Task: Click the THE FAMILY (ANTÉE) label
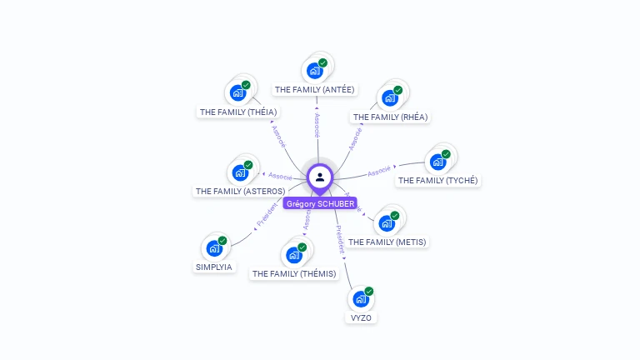coord(315,89)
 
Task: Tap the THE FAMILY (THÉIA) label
coord(238,112)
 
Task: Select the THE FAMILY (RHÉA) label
coord(390,117)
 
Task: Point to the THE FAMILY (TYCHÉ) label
coord(438,181)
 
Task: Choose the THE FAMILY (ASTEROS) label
coord(240,192)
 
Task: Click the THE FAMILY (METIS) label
coord(387,242)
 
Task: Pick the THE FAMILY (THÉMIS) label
coord(294,273)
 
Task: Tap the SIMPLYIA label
coord(214,267)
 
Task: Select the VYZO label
coord(361,318)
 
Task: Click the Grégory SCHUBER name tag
coord(320,203)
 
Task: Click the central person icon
coord(320,177)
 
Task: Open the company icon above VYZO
coord(361,298)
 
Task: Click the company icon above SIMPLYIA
coord(214,247)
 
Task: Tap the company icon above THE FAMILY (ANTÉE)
coord(314,70)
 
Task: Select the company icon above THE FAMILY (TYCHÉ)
coord(437,161)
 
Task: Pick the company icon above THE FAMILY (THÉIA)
coord(237,92)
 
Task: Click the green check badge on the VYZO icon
coord(369,291)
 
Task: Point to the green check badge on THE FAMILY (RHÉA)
coord(398,90)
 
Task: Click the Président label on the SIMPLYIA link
coord(267,216)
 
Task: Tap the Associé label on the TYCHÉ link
coord(379,170)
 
